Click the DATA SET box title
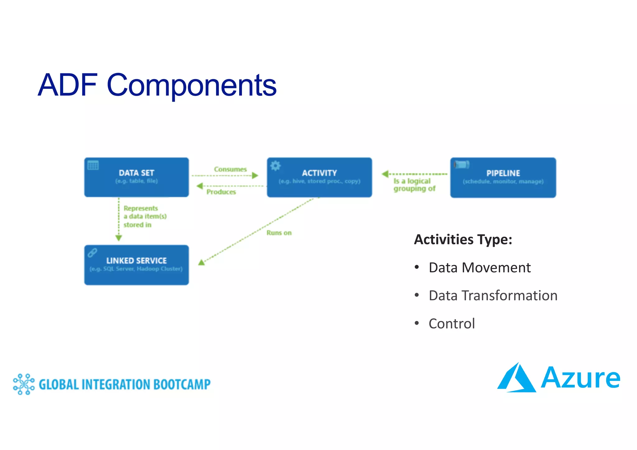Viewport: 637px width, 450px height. coord(136,173)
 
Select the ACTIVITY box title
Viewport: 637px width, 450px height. coord(319,173)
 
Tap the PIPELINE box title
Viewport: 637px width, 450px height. coord(503,173)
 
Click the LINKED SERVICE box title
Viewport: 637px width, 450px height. coord(136,260)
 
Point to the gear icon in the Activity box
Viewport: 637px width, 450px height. coord(275,166)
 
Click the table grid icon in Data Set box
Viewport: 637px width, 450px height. coord(93,165)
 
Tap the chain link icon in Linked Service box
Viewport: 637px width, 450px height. coord(92,253)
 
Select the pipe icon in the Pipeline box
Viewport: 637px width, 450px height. coord(462,164)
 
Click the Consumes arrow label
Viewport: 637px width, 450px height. coord(230,169)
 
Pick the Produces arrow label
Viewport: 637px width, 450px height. coord(221,192)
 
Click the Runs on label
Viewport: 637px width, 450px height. coord(279,233)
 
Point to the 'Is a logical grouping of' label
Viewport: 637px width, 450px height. coord(414,185)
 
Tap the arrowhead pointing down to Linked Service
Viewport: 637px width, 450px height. coord(119,238)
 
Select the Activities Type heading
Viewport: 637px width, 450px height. coord(463,240)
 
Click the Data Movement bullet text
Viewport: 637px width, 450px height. coord(479,268)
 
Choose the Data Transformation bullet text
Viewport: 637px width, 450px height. coord(493,296)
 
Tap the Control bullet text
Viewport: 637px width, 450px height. coord(452,324)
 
